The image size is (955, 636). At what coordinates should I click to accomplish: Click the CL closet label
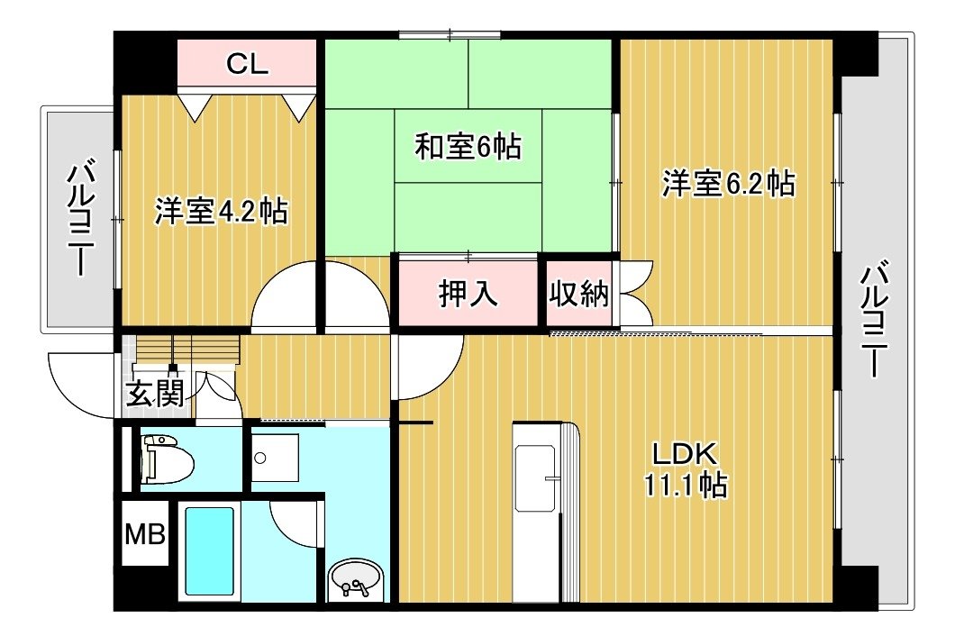click(x=247, y=63)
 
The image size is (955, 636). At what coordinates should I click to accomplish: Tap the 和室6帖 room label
click(x=468, y=147)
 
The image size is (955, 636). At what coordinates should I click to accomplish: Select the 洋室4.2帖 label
click(x=221, y=212)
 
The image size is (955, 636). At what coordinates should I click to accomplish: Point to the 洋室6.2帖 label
click(x=729, y=184)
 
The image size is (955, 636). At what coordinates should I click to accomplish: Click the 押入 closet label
click(x=468, y=294)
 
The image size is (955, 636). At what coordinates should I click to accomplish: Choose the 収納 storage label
click(x=578, y=294)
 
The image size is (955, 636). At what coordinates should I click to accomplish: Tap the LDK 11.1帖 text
click(x=686, y=469)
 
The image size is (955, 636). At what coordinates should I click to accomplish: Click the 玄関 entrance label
click(x=155, y=393)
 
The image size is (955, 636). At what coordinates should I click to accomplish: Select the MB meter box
click(x=145, y=534)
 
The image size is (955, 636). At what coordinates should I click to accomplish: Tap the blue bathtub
click(x=209, y=551)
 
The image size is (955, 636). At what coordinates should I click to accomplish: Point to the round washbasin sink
click(x=356, y=580)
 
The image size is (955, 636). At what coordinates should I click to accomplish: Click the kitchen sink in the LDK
click(x=535, y=477)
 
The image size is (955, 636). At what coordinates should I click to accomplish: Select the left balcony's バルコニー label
click(x=81, y=219)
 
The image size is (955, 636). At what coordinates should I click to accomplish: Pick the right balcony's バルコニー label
click(x=873, y=319)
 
